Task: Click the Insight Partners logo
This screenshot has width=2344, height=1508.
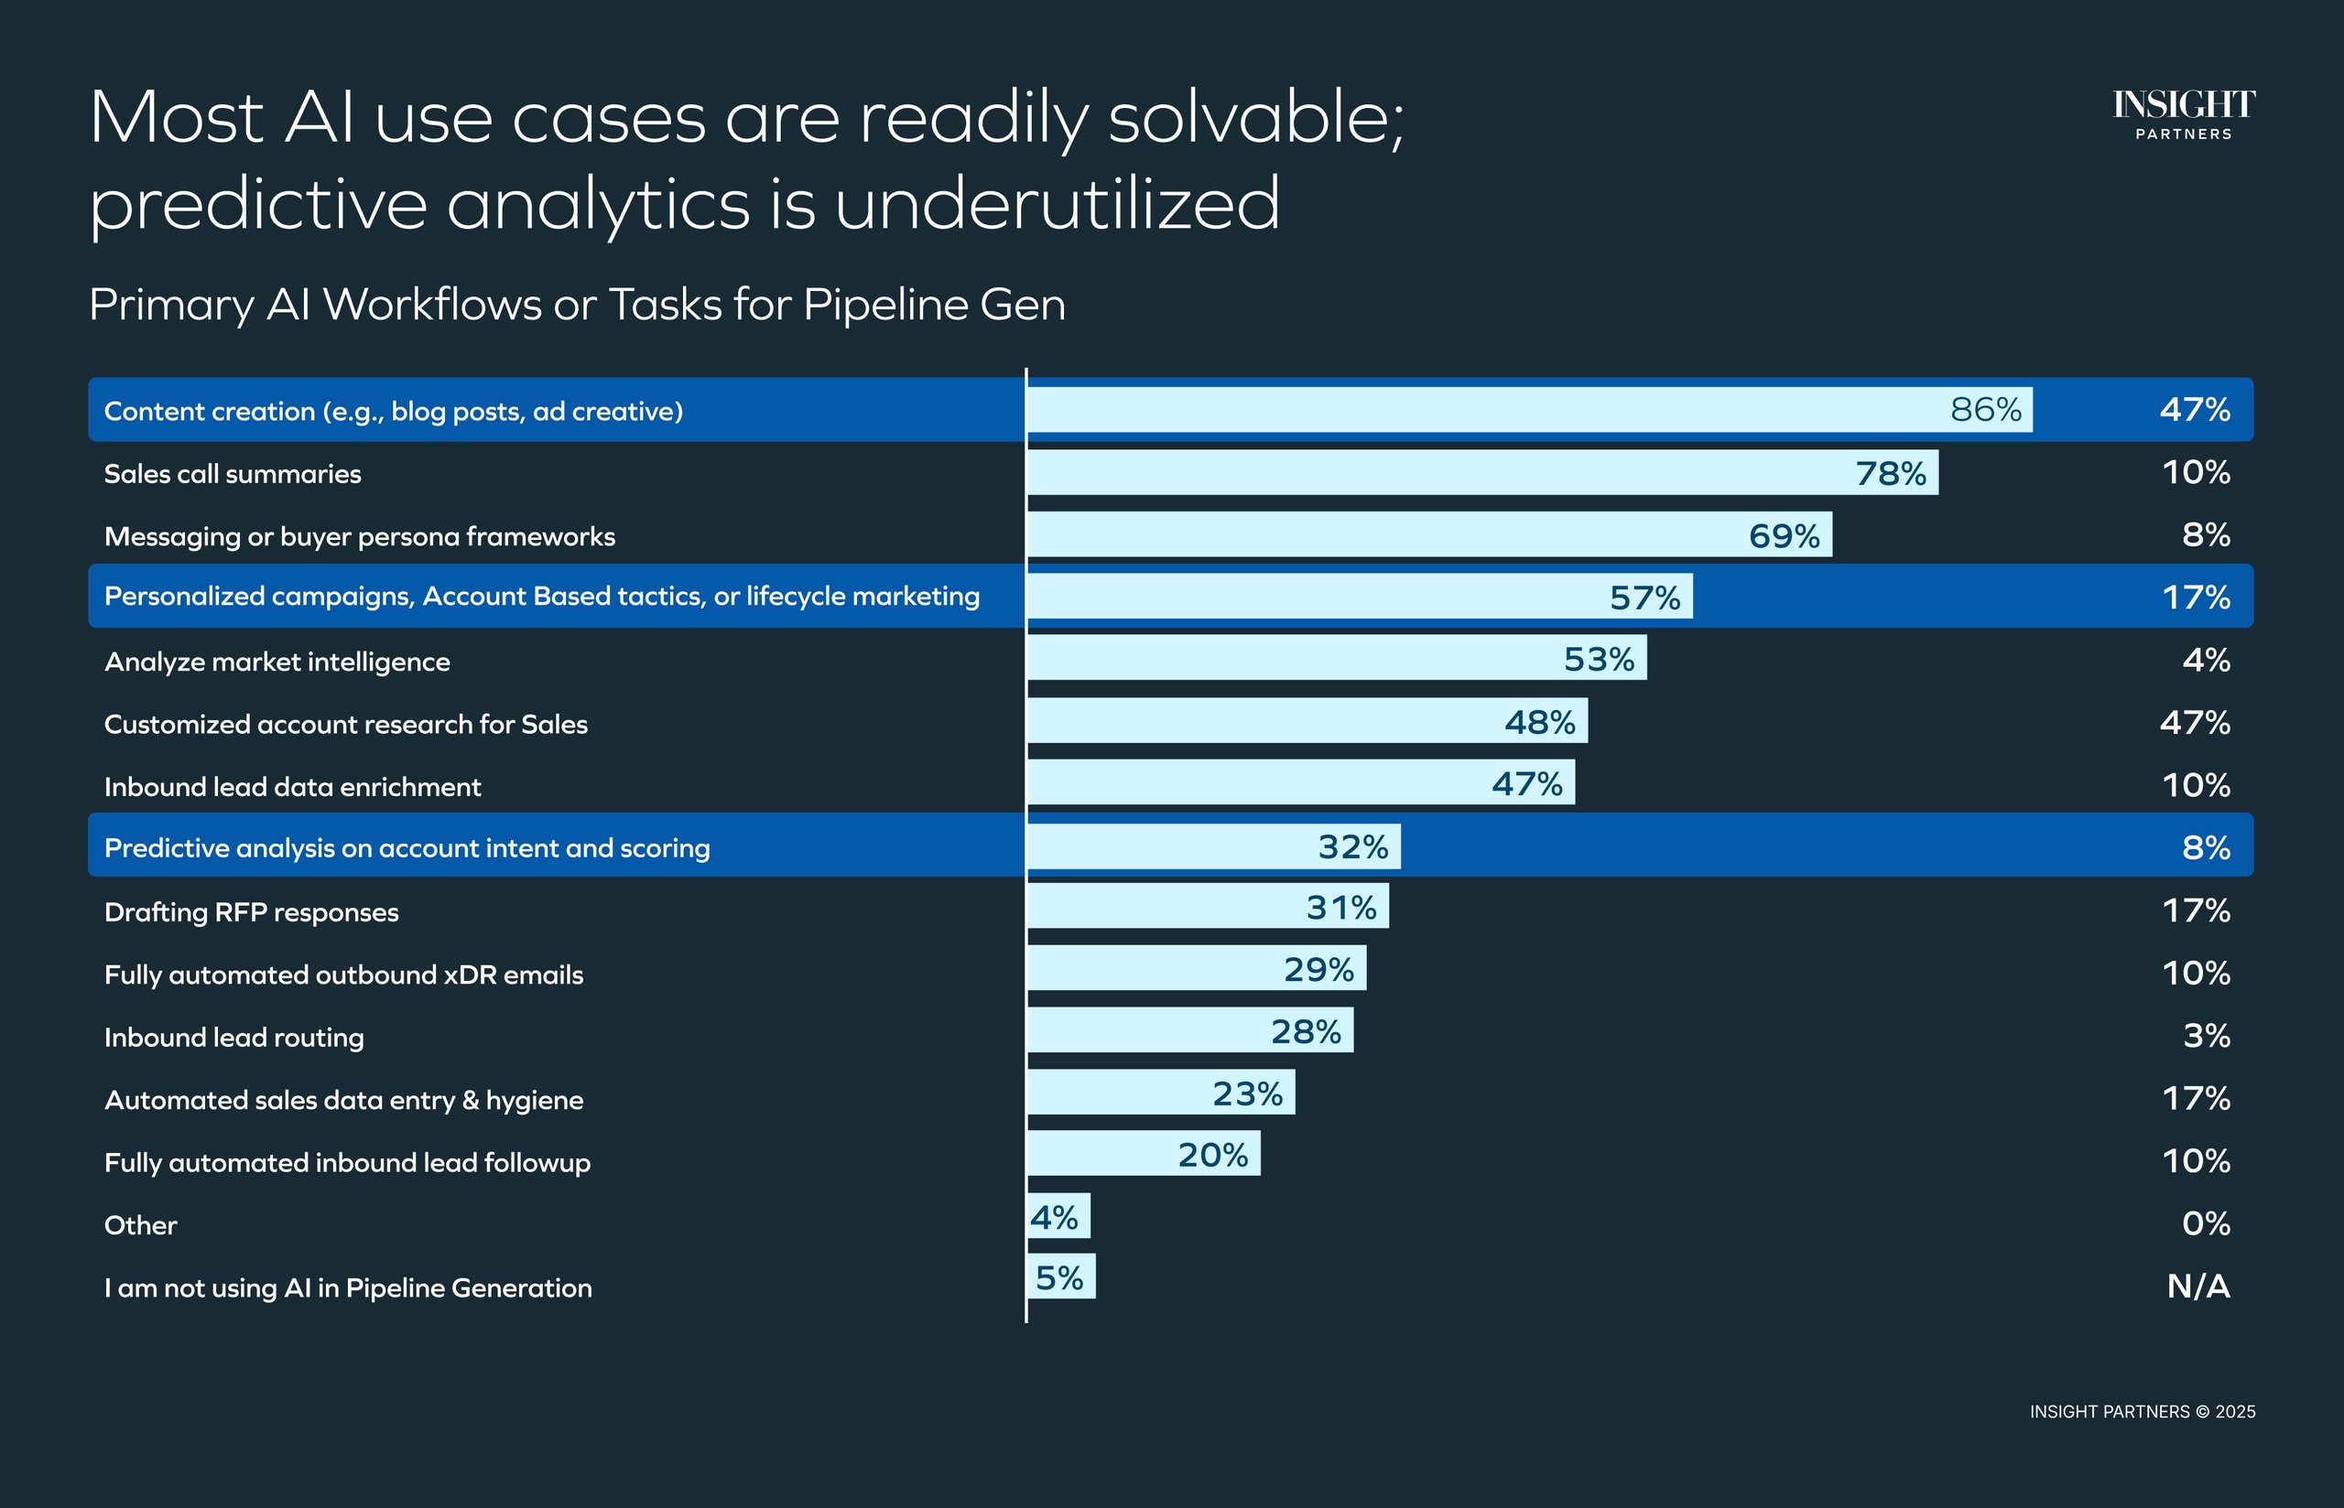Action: pos(2184,114)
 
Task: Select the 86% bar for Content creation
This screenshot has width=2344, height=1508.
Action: pos(1528,409)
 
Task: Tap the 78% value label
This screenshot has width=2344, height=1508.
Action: pos(1891,474)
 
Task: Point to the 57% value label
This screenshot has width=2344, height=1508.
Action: pos(1644,598)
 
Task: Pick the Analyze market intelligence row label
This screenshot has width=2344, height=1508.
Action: pos(277,662)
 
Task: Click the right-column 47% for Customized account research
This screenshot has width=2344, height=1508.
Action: pos(2194,723)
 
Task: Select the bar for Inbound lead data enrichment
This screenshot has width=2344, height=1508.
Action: pos(1301,782)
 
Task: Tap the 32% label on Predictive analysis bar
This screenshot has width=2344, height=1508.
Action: pos(1352,847)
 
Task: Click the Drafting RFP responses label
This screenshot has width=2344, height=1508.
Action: pos(252,912)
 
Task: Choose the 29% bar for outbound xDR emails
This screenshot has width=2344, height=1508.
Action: pos(1196,968)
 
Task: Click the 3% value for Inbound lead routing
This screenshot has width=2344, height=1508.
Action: pos(2206,1036)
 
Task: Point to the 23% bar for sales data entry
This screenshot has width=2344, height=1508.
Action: pos(1161,1093)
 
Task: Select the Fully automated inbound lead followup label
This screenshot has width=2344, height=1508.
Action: pos(348,1163)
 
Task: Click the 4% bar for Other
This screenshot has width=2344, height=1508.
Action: pos(1058,1217)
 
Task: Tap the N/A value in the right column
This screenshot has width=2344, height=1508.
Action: pos(2198,1287)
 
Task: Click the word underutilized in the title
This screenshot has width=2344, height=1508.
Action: pos(1057,204)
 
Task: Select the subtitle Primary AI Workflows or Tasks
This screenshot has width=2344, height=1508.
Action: pos(577,305)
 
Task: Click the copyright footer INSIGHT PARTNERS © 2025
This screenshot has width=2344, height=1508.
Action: pos(2143,1412)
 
